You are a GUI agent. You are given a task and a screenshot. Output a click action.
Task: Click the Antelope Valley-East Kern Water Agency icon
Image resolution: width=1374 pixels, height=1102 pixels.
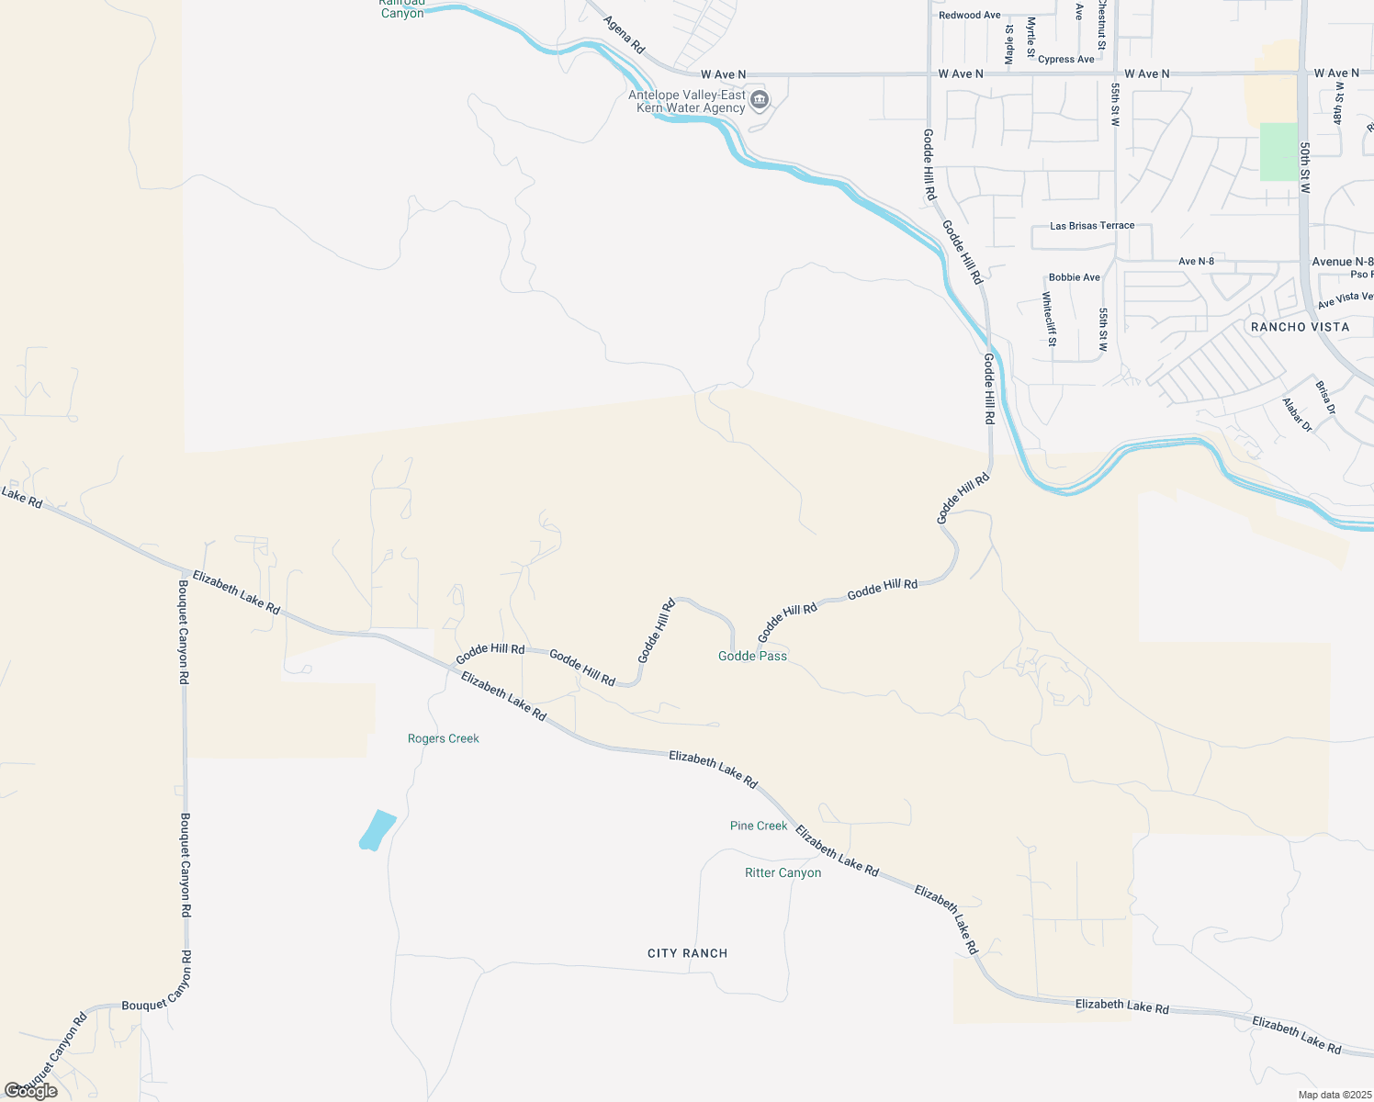click(x=759, y=100)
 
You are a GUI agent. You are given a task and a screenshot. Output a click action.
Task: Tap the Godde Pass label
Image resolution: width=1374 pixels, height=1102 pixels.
click(x=752, y=656)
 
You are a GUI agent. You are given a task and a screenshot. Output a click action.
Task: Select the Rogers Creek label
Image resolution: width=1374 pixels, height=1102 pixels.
click(x=443, y=738)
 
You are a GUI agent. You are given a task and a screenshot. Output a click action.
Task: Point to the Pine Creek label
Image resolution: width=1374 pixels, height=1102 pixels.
click(x=759, y=826)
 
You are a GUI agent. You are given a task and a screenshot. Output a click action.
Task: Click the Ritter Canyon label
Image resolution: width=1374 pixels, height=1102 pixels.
click(x=783, y=872)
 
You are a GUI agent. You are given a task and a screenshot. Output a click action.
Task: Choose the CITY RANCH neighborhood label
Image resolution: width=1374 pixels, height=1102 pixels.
click(x=687, y=953)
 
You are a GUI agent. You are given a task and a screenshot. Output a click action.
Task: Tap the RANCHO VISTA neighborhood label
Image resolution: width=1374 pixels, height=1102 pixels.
click(x=1300, y=327)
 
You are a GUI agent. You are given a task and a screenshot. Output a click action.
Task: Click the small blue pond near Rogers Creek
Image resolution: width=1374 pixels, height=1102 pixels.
click(x=377, y=830)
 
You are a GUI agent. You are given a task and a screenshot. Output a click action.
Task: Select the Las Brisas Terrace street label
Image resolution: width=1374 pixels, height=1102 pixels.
click(x=1092, y=226)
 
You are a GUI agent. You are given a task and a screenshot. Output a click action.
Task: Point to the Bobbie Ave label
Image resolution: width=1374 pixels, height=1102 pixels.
click(x=1074, y=277)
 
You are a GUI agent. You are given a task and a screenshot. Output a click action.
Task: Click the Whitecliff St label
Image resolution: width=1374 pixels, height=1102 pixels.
click(x=1049, y=319)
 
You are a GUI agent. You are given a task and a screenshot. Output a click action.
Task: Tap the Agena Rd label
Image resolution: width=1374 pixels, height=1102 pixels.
click(x=625, y=34)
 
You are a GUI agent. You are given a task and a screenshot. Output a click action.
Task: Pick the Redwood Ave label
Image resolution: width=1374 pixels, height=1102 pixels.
click(x=969, y=16)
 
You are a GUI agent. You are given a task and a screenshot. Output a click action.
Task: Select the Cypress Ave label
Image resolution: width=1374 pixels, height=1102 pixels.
click(x=1065, y=60)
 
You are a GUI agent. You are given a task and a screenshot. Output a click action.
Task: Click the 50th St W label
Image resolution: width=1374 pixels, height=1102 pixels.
click(x=1304, y=167)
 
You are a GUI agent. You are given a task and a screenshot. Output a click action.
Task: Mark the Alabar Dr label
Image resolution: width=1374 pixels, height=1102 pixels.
click(x=1297, y=415)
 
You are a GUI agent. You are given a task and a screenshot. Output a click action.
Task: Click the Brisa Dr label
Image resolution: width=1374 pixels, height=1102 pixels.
click(x=1324, y=397)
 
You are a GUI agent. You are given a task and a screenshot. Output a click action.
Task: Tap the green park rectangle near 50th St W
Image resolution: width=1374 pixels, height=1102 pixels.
click(x=1278, y=152)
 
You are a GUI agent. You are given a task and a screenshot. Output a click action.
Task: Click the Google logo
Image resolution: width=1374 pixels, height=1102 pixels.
click(x=31, y=1091)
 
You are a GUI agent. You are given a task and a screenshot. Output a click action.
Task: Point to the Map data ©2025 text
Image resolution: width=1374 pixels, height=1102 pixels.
click(x=1334, y=1095)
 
